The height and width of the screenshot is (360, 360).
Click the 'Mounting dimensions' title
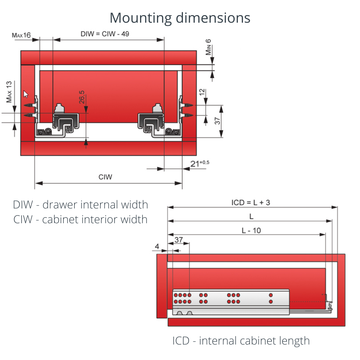(x=180, y=18)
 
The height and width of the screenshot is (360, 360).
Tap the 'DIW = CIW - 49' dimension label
(x=105, y=34)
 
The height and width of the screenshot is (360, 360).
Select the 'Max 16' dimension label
(x=21, y=35)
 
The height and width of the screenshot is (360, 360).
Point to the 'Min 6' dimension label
(x=208, y=47)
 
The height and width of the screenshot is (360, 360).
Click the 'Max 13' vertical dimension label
(x=9, y=92)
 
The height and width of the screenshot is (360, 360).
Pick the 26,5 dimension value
(x=82, y=98)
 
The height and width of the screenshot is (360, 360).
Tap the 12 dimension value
(x=202, y=93)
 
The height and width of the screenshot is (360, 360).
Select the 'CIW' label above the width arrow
(x=105, y=177)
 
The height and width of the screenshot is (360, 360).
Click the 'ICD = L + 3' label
(x=251, y=202)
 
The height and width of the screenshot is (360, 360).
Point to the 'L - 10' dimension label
(x=251, y=230)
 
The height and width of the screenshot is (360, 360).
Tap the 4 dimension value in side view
(x=157, y=247)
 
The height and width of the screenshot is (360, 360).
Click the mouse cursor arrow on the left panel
(x=26, y=94)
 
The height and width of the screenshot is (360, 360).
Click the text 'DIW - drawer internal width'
(x=81, y=205)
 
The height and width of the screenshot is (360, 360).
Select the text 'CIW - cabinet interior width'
(x=81, y=219)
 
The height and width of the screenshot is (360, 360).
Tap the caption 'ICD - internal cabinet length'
(x=241, y=341)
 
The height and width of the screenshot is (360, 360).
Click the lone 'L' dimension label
(x=251, y=216)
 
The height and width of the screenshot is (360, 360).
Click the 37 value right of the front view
(x=218, y=121)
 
